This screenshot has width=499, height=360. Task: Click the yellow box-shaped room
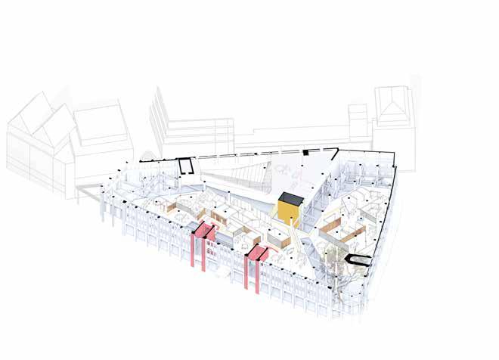pos(288,213)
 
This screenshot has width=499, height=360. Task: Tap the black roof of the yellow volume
pos(290,198)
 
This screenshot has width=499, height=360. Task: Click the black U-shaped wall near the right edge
pos(356,260)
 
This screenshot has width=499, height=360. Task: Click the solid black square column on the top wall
pos(305,153)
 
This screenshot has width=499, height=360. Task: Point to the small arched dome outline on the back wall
pos(148,159)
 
